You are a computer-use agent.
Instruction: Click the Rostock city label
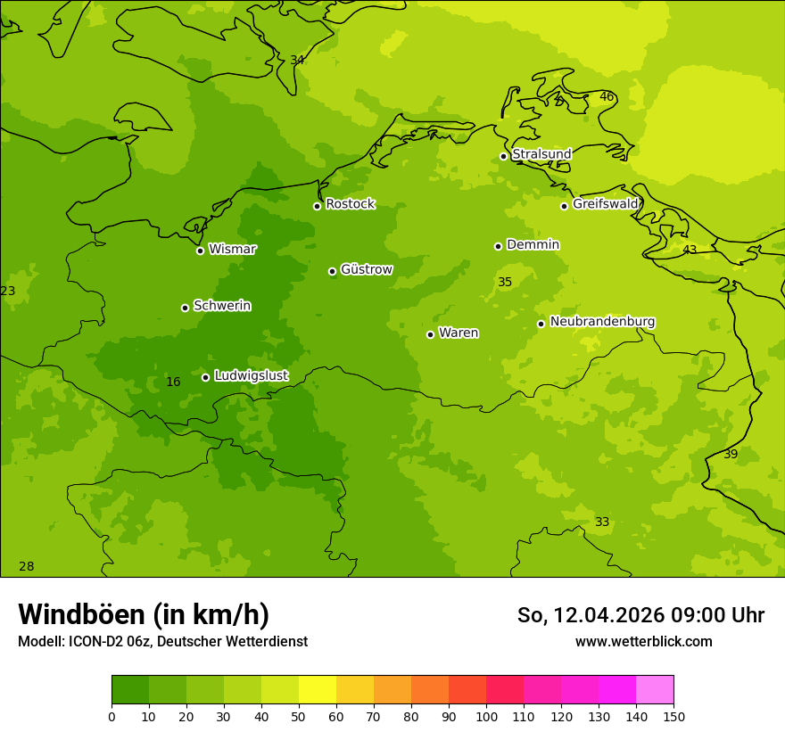pos(350,204)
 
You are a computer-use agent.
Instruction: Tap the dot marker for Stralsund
pos(503,156)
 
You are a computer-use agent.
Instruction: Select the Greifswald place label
pos(605,204)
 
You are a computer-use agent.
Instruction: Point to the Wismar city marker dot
pos(200,251)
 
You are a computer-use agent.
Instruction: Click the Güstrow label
pos(366,269)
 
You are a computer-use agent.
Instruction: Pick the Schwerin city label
pos(221,306)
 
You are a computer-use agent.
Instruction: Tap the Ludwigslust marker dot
pos(205,377)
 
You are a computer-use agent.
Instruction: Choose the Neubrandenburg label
pos(602,322)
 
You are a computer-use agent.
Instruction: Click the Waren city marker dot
pos(430,334)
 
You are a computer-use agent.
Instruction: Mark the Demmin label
pos(533,244)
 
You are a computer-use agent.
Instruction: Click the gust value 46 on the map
pos(607,97)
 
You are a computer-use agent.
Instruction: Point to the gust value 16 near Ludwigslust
pos(173,382)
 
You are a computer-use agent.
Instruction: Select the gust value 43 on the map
pos(690,251)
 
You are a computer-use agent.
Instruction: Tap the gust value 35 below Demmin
pos(505,283)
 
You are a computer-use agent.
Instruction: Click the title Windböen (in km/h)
pos(144,614)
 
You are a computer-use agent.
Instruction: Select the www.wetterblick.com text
pos(643,642)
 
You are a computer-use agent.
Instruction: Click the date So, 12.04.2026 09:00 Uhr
pos(640,615)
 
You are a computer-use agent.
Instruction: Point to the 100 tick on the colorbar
pos(486,716)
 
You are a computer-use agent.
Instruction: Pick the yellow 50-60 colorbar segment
pos(318,689)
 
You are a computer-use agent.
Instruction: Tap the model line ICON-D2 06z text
pos(162,642)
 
